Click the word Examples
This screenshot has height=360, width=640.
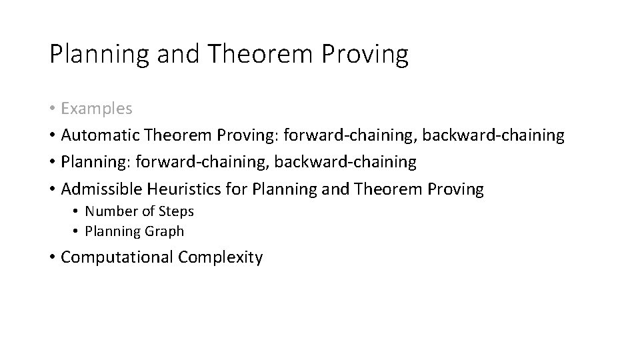[x=97, y=108]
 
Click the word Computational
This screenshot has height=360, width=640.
[x=117, y=257]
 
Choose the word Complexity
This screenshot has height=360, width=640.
[x=220, y=257]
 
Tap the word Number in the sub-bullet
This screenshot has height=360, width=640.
[x=109, y=211]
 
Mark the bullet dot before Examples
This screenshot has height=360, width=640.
[x=52, y=109]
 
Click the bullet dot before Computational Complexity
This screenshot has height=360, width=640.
[x=52, y=258]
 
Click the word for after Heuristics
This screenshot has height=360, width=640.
[x=237, y=189]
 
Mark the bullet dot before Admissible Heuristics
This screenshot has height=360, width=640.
[x=52, y=190]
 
